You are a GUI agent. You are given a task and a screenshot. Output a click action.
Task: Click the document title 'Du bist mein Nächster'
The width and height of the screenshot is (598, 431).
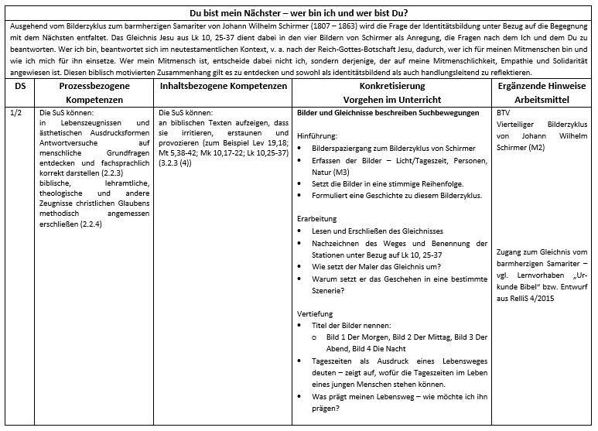299,12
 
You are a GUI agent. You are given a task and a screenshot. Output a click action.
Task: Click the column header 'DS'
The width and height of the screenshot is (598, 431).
18,85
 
